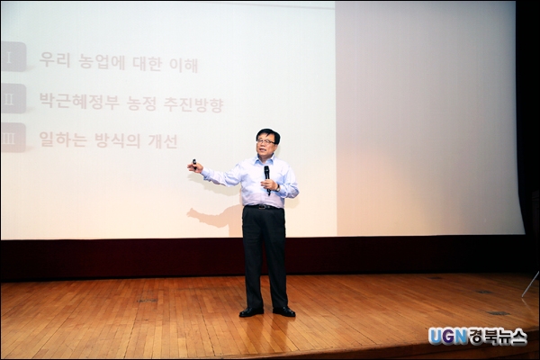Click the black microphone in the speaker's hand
267,178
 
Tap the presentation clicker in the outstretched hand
194,164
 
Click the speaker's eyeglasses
265,141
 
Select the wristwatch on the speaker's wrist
277,188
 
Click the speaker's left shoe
284,311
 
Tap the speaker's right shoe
251,311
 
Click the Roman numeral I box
13,57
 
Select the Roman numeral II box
13,98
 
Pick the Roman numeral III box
13,138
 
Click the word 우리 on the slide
55,59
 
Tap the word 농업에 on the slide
102,62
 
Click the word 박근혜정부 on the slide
79,101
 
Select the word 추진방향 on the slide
193,104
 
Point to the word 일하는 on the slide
63,139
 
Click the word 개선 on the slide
163,141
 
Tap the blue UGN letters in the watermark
447,337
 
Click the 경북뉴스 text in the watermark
498,337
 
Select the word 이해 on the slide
184,65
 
